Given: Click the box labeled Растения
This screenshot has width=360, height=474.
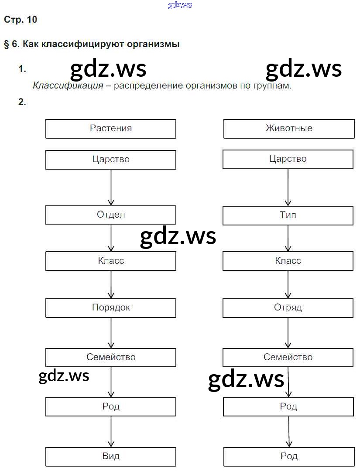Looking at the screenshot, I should click(111, 129).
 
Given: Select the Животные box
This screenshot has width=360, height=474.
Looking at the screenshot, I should click(288, 129).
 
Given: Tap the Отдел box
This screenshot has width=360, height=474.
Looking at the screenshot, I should click(111, 215).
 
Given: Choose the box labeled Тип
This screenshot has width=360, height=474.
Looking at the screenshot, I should click(288, 215).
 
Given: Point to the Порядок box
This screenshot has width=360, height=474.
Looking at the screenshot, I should click(111, 308).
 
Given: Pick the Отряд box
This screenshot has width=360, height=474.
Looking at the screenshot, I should click(288, 308).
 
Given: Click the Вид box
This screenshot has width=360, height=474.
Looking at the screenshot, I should click(111, 457).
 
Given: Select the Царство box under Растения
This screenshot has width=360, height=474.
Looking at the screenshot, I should click(111, 160).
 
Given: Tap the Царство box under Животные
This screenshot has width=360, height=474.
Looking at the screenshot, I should click(288, 159).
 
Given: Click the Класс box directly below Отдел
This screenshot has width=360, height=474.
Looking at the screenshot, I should click(111, 261).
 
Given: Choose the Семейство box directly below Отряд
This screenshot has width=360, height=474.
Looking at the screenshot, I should click(288, 358).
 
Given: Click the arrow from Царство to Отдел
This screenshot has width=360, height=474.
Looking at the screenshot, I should click(111, 188).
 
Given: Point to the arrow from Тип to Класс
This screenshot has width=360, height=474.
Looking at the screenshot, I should click(288, 238).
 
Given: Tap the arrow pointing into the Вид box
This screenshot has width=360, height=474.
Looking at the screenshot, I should click(111, 431).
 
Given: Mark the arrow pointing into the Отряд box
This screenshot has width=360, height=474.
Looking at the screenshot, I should click(288, 284).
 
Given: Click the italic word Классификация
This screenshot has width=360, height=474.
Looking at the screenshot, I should click(68, 86).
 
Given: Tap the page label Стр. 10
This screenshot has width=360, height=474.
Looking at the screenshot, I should click(21, 20).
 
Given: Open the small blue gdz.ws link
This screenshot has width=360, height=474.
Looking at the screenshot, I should click(180, 5).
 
